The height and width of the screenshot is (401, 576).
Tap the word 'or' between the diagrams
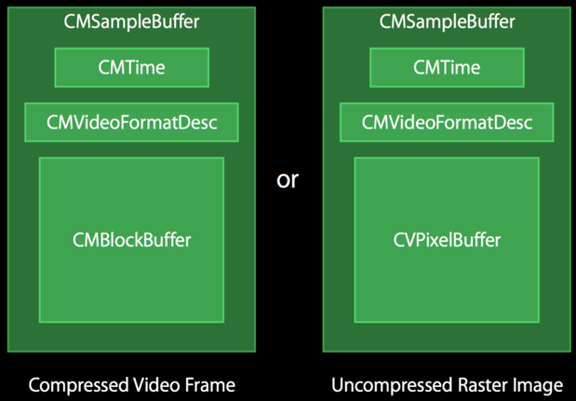pos(288,180)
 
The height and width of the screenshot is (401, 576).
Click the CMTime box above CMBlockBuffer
pos(131,67)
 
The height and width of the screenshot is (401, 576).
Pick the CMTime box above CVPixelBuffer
pos(447,67)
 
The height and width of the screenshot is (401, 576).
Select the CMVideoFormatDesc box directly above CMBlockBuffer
pos(131,122)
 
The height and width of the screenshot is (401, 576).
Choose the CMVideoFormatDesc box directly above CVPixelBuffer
pos(447,122)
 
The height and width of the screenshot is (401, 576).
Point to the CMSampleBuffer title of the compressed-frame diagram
pos(131,20)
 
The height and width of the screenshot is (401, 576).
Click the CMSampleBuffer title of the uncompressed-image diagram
pos(447,20)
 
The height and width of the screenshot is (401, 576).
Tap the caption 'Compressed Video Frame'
pos(131,385)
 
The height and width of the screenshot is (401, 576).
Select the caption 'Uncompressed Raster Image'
pos(447,385)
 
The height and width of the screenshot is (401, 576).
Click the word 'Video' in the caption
pos(161,385)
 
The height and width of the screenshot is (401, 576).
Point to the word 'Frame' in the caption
pos(211,385)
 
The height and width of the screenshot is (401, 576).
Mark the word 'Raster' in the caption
pos(473,385)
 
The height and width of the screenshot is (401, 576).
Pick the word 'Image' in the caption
pos(537,385)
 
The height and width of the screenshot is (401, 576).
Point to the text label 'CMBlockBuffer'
pos(131,240)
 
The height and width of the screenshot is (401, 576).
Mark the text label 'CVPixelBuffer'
pos(447,240)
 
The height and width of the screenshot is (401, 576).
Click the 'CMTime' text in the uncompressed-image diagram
pos(447,67)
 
